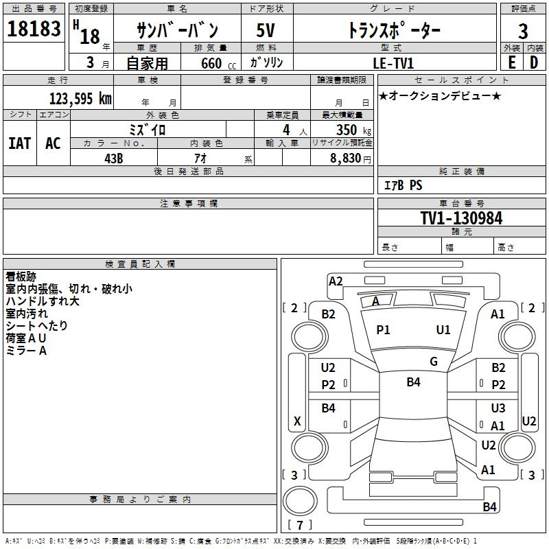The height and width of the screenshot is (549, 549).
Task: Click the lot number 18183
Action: pyautogui.click(x=34, y=29)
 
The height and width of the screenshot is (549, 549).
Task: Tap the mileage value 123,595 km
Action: pyautogui.click(x=80, y=99)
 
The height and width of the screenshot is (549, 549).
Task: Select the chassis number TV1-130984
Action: pyautogui.click(x=461, y=218)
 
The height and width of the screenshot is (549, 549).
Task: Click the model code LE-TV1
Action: pyautogui.click(x=393, y=63)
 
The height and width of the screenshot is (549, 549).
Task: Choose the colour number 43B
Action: pyautogui.click(x=114, y=159)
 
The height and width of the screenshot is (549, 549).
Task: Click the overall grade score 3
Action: pyautogui.click(x=523, y=32)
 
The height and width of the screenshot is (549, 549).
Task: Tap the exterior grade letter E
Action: pyautogui.click(x=512, y=62)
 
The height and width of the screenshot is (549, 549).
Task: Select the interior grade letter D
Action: pyautogui.click(x=534, y=62)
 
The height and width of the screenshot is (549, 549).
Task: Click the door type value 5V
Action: pyautogui.click(x=266, y=30)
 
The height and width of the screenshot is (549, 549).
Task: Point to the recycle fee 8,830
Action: pyautogui.click(x=346, y=159)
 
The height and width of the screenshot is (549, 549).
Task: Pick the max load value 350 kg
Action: pyautogui.click(x=353, y=130)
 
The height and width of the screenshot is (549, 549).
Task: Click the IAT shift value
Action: pyautogui.click(x=20, y=143)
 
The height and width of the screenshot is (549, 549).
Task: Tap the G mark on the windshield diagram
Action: pyautogui.click(x=434, y=361)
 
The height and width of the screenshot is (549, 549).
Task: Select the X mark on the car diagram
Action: pyautogui.click(x=297, y=421)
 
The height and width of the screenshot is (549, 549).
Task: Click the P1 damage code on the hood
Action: pyautogui.click(x=383, y=330)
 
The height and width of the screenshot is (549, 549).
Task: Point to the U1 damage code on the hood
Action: pyautogui.click(x=443, y=330)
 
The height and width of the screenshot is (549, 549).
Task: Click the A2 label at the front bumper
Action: pyautogui.click(x=336, y=281)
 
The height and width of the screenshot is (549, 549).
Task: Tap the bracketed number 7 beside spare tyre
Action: pyautogui.click(x=300, y=525)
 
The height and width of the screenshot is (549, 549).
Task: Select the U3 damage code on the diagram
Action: pyautogui.click(x=498, y=408)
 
